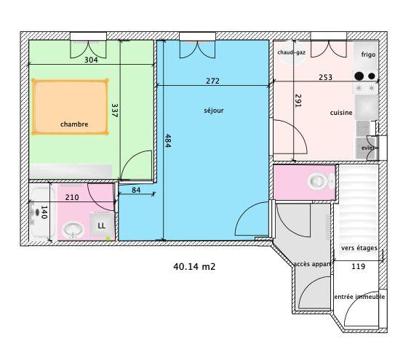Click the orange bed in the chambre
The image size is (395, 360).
pos(70,107)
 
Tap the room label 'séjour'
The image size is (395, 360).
pos(214,111)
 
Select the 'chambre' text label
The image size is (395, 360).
pos(74,124)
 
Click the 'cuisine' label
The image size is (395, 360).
pos(341,113)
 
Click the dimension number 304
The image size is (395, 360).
pos(91,60)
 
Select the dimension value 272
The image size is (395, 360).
pos(212,81)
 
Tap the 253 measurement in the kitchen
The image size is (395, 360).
pos(325,76)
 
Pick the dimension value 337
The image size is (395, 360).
pos(114,111)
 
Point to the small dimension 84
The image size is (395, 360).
pos(136,191)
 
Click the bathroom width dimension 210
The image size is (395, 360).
pos(72,197)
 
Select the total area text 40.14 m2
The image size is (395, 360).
pos(194,267)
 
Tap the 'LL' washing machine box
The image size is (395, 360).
pos(102,225)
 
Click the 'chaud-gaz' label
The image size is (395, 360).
pos(290,52)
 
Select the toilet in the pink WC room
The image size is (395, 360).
pos(317,180)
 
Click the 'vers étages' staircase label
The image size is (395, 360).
pos(359,249)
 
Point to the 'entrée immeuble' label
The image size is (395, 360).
pos(359,297)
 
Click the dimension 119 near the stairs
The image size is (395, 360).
pos(358,267)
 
